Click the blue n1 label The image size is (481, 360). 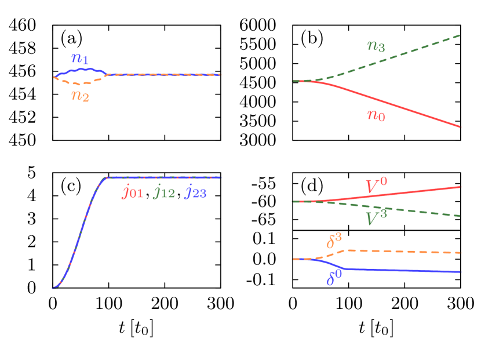(80, 59)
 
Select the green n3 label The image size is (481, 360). (376, 46)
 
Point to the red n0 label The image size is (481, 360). (376, 115)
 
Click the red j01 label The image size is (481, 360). (132, 192)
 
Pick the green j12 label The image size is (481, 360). (164, 192)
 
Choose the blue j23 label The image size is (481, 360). (195, 192)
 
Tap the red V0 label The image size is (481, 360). (376, 186)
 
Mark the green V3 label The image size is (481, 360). (376, 219)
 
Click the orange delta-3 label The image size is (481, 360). (334, 241)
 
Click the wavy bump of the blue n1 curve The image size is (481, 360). (81, 70)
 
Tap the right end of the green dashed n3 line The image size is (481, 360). (460, 35)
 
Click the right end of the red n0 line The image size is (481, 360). (460, 127)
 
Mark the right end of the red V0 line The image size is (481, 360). (460, 187)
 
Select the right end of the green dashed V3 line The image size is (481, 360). (460, 216)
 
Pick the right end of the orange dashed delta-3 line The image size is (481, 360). (460, 253)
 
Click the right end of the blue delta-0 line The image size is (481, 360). (460, 272)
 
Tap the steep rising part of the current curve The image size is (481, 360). (80, 232)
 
